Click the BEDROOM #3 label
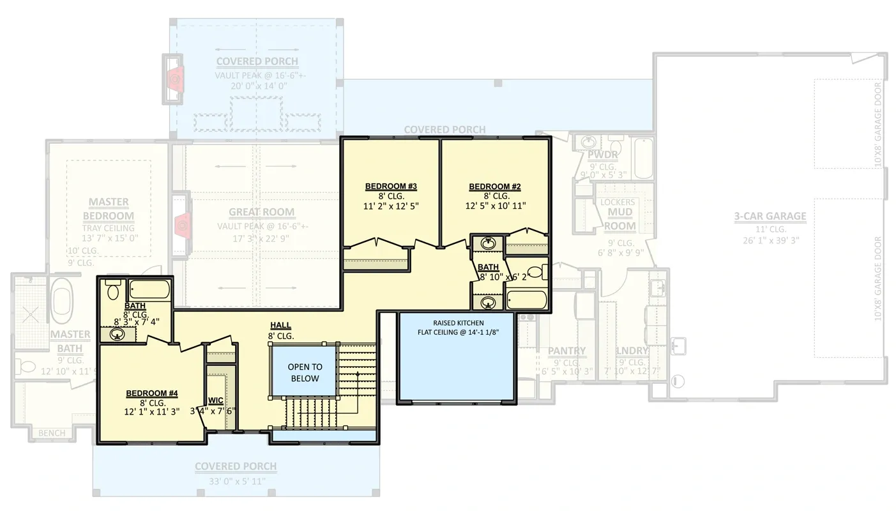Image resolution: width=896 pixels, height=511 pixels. tap(391, 187)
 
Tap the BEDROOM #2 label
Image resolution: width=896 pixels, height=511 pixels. tap(495, 187)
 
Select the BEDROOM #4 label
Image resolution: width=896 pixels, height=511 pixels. tap(152, 393)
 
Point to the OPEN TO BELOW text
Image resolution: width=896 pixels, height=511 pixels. tap(305, 372)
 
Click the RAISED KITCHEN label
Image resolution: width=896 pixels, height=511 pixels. tap(458, 323)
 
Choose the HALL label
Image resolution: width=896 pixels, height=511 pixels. tap(280, 326)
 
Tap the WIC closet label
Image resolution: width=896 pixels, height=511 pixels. tap(215, 400)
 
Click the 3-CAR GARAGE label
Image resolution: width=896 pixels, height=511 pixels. tap(770, 217)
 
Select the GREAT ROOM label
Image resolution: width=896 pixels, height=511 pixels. tap(262, 212)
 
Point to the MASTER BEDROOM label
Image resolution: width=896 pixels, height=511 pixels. tap(108, 209)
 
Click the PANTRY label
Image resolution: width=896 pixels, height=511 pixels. tap(566, 351)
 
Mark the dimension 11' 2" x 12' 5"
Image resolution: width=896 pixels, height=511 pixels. tap(391, 206)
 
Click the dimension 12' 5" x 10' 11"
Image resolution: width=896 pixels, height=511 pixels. tap(495, 206)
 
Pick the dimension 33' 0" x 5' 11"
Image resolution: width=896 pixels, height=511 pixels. tap(236, 482)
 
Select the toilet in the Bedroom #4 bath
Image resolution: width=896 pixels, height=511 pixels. tap(113, 291)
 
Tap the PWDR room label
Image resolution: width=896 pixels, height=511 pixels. tap(602, 155)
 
